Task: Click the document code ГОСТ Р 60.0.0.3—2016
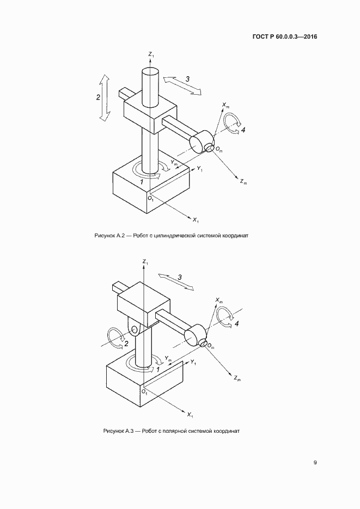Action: (284, 36)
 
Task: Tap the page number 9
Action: (315, 463)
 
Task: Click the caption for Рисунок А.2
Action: (171, 235)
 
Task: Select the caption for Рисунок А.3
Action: (171, 431)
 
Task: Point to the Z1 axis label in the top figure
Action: (151, 54)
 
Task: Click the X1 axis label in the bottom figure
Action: (190, 415)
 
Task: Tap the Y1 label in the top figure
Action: (200, 168)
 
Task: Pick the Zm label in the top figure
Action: (243, 182)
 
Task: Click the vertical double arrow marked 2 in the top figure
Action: (105, 97)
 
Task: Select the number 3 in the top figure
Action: (187, 79)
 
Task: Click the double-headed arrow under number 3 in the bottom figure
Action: (176, 281)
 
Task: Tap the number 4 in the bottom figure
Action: (237, 324)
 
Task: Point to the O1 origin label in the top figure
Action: (150, 198)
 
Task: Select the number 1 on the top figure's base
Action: (142, 182)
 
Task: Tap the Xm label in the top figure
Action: (225, 105)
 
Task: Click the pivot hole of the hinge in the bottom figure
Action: (135, 330)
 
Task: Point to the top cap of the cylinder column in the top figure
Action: (150, 70)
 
